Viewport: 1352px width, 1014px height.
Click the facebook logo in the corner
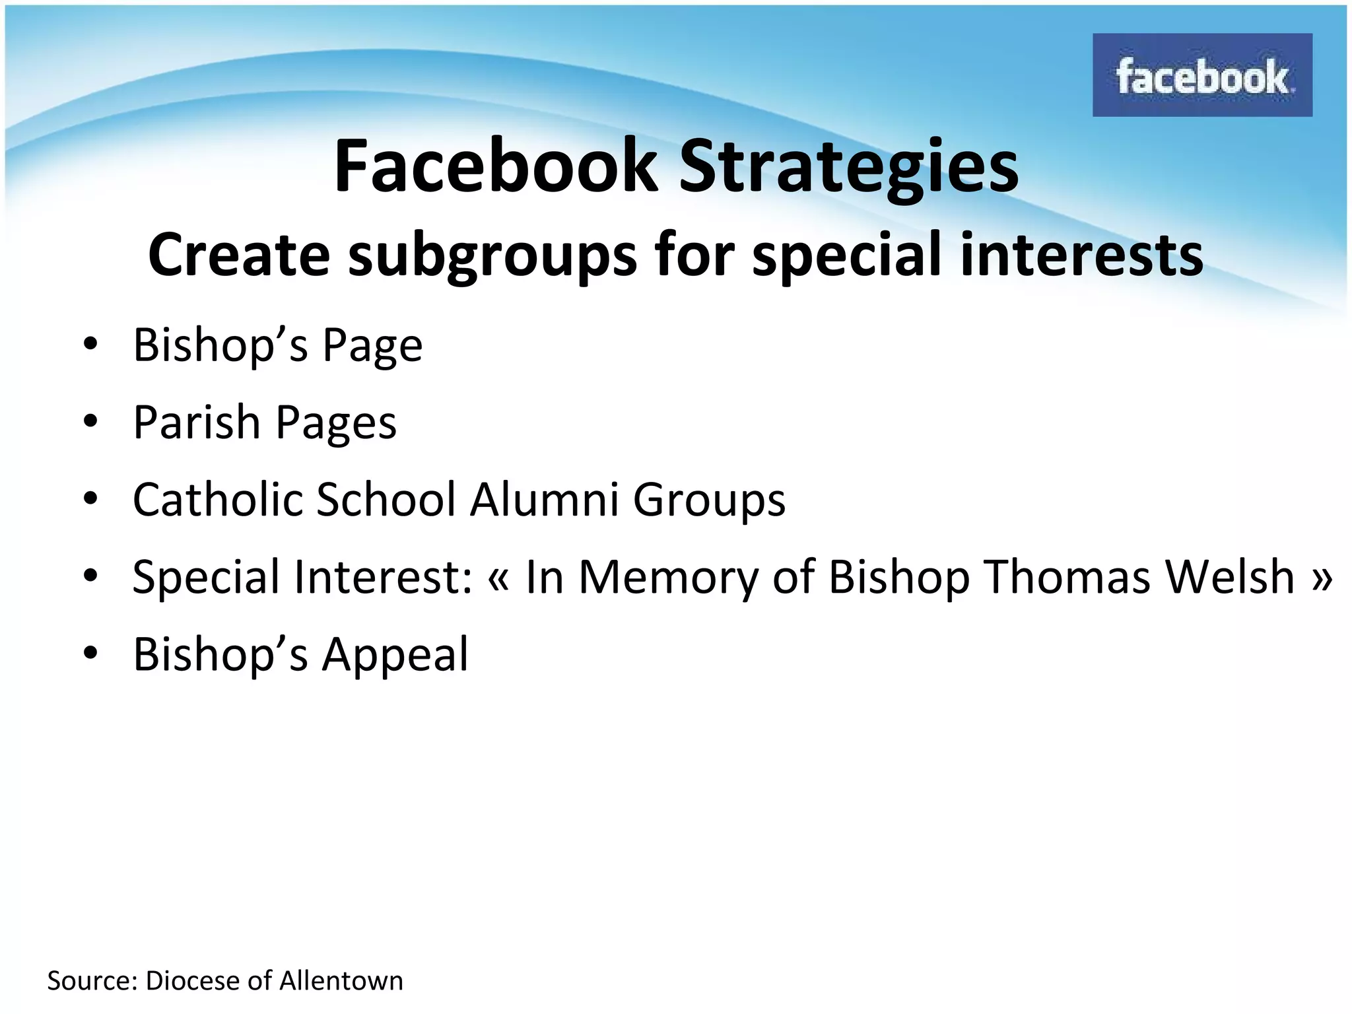1201,75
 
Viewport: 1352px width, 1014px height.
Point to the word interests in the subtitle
1081,255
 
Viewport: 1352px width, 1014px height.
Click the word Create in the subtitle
239,255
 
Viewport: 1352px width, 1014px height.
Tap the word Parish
197,422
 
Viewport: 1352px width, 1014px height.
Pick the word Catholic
219,499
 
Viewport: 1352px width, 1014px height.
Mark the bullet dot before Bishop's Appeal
91,654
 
